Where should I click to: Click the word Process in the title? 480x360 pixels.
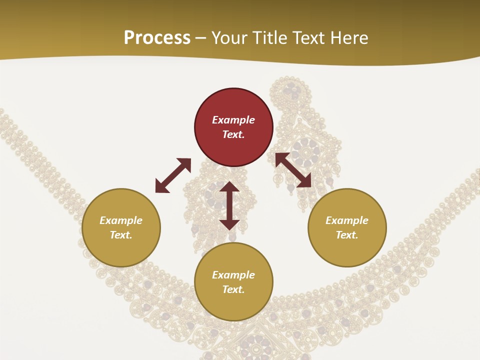click(x=157, y=38)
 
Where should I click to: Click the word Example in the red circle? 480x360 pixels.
click(x=233, y=120)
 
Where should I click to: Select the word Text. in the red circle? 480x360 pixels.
click(x=233, y=134)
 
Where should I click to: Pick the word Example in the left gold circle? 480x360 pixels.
click(x=121, y=220)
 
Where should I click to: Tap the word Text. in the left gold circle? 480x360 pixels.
click(x=121, y=235)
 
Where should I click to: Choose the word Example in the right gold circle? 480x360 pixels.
click(x=347, y=220)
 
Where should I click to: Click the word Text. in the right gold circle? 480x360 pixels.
click(x=347, y=235)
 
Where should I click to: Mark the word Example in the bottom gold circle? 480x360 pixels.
click(x=233, y=275)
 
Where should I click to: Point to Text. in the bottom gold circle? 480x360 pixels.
click(x=233, y=289)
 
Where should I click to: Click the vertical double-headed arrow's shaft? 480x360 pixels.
click(x=229, y=205)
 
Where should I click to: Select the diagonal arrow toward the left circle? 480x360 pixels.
click(x=173, y=175)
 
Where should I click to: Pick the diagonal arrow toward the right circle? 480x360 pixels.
click(x=293, y=170)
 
